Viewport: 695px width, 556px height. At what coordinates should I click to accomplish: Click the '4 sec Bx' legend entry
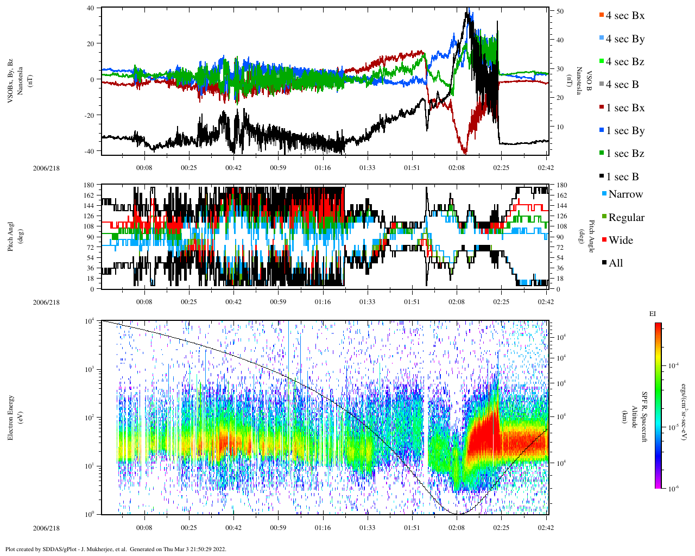point(624,16)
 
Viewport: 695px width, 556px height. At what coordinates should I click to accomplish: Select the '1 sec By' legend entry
point(624,131)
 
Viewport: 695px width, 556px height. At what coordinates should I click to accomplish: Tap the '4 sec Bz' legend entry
point(624,62)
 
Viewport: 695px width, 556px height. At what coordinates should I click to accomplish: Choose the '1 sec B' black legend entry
point(622,177)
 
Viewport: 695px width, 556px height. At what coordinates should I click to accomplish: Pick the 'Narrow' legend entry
point(625,194)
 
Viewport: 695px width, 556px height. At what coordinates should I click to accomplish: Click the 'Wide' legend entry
point(620,241)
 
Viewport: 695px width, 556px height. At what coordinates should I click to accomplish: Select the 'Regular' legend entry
point(626,218)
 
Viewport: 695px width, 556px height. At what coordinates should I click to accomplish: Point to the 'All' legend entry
point(615,263)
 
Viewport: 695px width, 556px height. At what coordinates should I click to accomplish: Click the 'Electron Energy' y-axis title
point(11,416)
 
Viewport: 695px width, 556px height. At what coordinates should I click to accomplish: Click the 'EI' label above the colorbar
point(653,314)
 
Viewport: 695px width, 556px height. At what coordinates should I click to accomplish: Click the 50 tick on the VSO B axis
point(560,11)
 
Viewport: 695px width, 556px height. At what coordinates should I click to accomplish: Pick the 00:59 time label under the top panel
point(278,168)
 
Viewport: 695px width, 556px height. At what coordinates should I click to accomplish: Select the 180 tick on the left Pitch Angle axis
point(90,185)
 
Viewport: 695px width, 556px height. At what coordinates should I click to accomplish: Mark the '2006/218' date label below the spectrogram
point(46,528)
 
